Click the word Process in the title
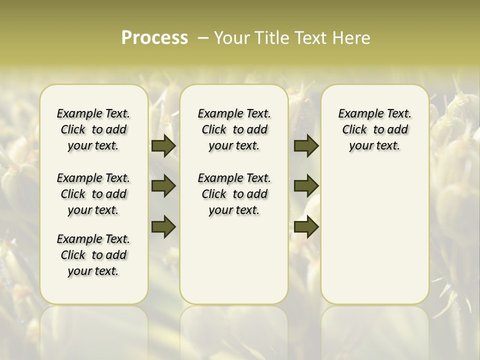(x=154, y=37)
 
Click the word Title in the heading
(x=271, y=37)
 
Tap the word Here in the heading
(x=352, y=37)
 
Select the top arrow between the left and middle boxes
(x=163, y=146)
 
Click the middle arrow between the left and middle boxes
(x=163, y=186)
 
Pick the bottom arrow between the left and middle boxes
(x=163, y=226)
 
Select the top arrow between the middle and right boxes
(x=306, y=146)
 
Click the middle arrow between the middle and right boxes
(x=306, y=186)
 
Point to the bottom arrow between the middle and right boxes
(x=306, y=226)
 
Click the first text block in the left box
(x=93, y=129)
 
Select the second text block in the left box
(x=93, y=194)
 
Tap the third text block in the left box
(x=93, y=255)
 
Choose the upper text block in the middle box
(x=234, y=129)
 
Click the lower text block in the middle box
(x=234, y=194)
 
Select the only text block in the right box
(x=374, y=129)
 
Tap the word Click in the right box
(x=354, y=130)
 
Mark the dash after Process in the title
(x=203, y=37)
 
